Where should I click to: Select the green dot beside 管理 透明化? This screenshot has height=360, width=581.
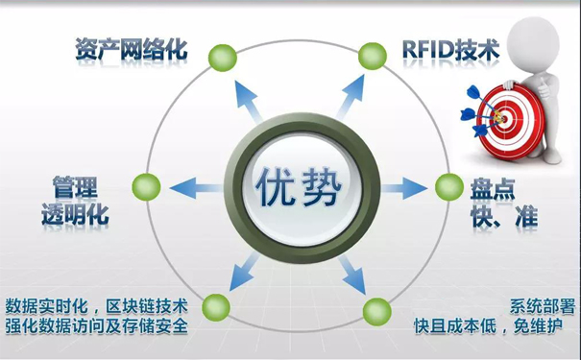[x=143, y=185]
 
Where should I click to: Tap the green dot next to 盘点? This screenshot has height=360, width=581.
[x=448, y=184]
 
